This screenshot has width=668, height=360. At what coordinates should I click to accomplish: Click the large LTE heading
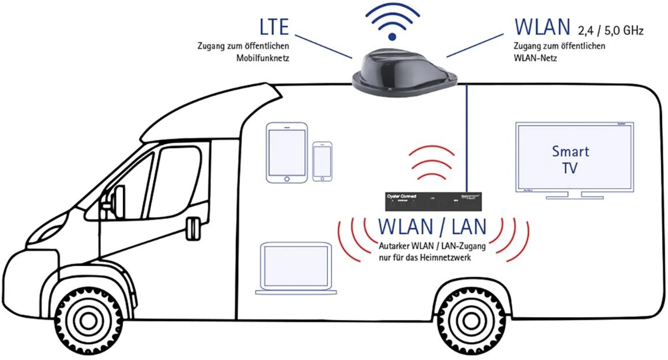coord(274,27)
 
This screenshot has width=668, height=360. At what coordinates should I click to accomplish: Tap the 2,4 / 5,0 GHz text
coord(611,31)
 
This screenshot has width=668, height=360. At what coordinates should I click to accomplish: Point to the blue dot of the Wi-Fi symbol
coord(392,37)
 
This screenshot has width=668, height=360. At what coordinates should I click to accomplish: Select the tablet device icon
coord(287,152)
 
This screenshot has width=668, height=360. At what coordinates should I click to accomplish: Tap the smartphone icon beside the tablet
coord(322,161)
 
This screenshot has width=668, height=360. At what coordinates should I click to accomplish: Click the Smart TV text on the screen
coord(571,159)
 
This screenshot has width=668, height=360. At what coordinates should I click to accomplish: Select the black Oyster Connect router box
coord(433,201)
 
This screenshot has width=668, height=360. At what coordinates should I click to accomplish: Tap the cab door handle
coord(193,229)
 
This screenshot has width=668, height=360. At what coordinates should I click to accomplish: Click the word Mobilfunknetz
coord(263,58)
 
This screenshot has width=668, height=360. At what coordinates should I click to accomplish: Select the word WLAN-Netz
coord(535,58)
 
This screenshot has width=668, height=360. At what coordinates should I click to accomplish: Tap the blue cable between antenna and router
coord(467,139)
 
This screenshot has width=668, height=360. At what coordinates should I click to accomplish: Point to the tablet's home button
coord(287,179)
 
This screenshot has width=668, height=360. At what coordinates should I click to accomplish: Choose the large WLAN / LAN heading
coord(432,227)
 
